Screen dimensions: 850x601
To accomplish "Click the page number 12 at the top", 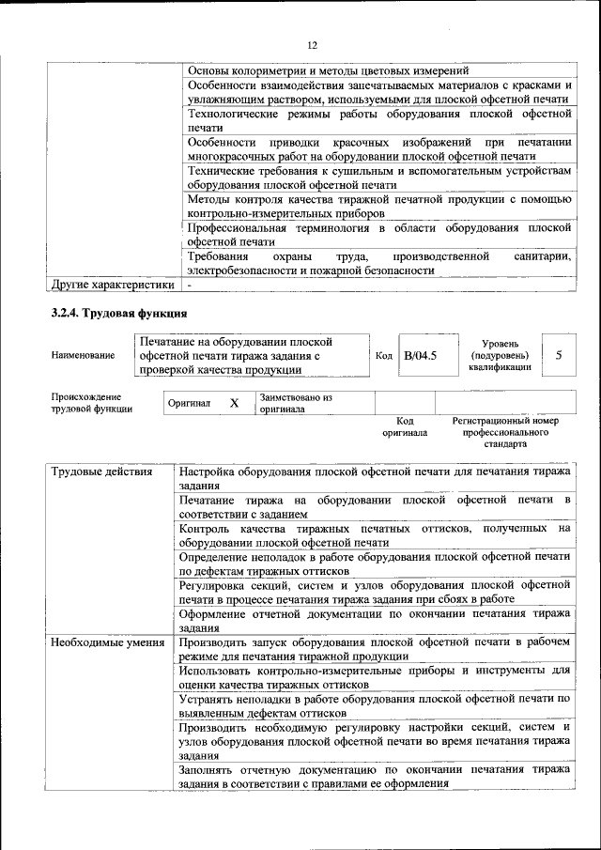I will tap(312, 44).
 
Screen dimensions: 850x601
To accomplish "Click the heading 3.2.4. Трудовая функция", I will tap(120, 312).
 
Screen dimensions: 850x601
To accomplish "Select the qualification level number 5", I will tap(560, 355).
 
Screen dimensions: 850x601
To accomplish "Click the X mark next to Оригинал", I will tap(234, 403).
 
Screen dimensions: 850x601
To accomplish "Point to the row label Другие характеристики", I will tap(113, 283).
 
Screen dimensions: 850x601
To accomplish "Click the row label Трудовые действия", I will tap(101, 471).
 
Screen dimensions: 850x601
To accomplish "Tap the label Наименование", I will tap(84, 355).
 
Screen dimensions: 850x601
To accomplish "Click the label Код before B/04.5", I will tap(383, 355).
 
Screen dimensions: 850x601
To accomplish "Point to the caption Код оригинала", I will tap(405, 427).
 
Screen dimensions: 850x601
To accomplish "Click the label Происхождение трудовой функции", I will tap(92, 403).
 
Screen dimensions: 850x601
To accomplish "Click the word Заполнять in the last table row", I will tap(210, 769).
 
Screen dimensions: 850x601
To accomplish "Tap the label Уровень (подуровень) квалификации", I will tap(500, 355).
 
